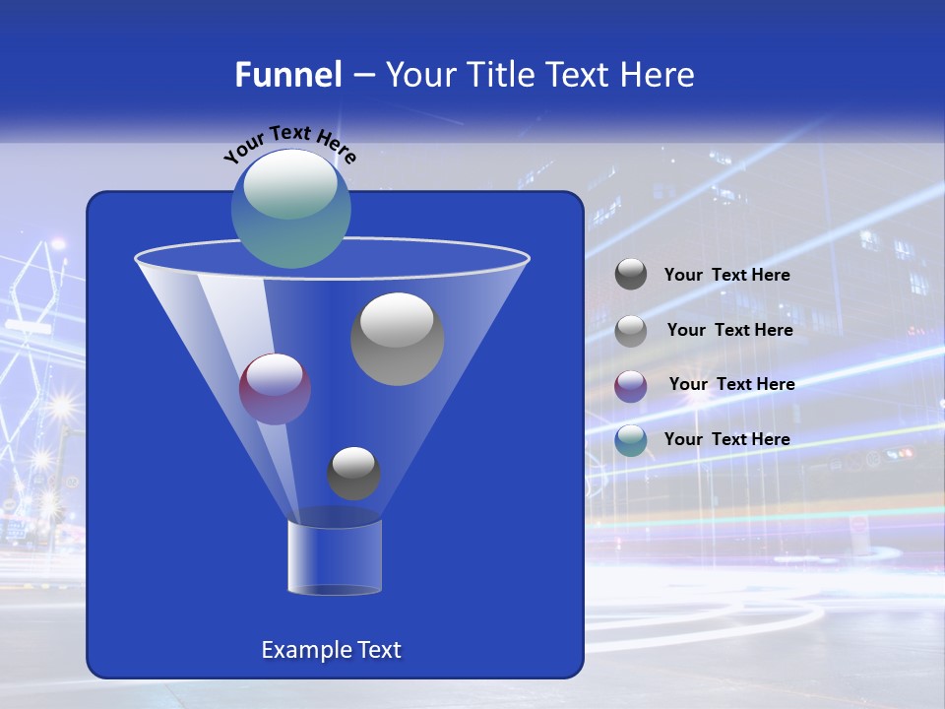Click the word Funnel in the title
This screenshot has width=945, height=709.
coord(288,75)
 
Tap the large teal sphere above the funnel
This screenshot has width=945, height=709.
coord(291,208)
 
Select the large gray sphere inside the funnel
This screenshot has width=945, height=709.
coord(398,339)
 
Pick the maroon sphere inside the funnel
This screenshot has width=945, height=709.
coord(276,389)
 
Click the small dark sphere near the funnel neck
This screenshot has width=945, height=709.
coord(353,474)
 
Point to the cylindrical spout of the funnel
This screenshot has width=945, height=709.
coord(335,557)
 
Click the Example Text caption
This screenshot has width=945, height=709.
coord(331,650)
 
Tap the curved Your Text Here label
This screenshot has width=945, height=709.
coord(290,144)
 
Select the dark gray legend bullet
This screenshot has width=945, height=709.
coord(631,275)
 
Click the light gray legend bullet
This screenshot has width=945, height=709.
coord(631,330)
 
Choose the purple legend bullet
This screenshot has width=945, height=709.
coord(631,385)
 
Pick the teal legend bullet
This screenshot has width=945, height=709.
coord(631,440)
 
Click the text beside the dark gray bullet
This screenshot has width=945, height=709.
coord(726,276)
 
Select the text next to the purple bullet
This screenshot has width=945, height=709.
coord(731,384)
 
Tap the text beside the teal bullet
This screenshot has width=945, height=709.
coord(726,439)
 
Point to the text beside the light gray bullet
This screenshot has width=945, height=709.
coord(729,330)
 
